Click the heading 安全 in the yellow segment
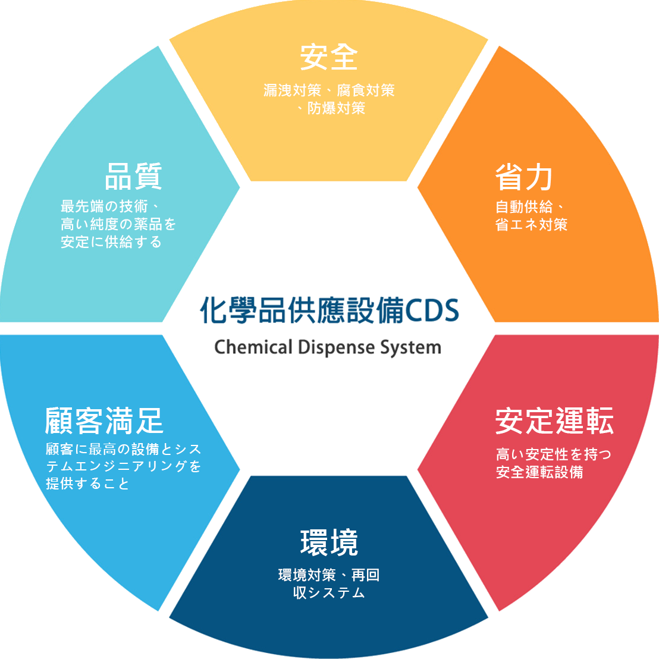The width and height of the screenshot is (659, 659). (x=329, y=57)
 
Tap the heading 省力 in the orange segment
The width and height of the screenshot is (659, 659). (x=524, y=177)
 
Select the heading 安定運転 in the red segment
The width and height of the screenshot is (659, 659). (x=554, y=422)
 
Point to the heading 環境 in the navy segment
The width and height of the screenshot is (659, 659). (x=329, y=542)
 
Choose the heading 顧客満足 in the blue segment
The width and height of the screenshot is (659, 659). (x=104, y=420)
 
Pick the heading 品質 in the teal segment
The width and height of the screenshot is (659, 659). (x=133, y=176)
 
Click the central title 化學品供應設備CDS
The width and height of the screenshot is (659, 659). (x=329, y=310)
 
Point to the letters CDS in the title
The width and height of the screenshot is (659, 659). (x=432, y=310)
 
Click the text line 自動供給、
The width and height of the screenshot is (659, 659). (x=529, y=207)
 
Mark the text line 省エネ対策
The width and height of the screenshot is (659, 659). (x=531, y=225)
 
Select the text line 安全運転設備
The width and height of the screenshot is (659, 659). (x=539, y=472)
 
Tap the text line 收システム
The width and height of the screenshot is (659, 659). (x=329, y=593)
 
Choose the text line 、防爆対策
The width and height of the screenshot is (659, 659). (x=331, y=108)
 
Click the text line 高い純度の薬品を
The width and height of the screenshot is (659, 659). (x=118, y=224)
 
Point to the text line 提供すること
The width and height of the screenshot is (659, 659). (x=87, y=484)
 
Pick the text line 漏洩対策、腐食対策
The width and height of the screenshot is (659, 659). (x=329, y=90)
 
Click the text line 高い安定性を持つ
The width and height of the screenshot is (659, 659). (x=554, y=454)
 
